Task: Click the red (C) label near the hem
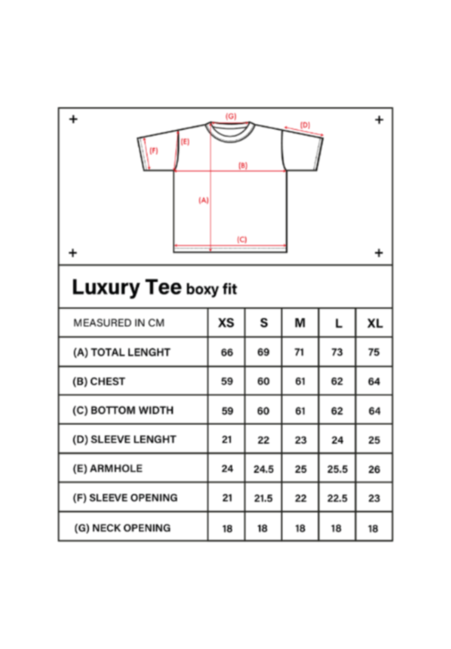[242, 240]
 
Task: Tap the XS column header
[226, 323]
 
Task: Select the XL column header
[375, 323]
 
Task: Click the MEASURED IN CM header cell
[119, 323]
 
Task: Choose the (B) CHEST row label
[99, 381]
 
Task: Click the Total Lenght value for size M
[299, 352]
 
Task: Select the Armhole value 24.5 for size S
[263, 469]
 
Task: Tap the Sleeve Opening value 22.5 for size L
[337, 498]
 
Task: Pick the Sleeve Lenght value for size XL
[374, 440]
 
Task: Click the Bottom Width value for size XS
[227, 411]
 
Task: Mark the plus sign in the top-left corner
[73, 119]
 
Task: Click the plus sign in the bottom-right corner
[379, 253]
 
